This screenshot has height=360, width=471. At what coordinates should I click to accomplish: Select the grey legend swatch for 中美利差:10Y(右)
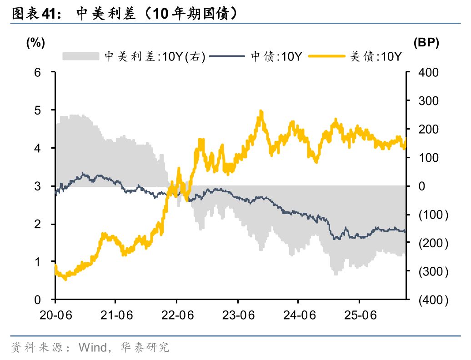[80, 56]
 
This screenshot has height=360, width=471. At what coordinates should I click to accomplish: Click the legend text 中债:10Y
[276, 56]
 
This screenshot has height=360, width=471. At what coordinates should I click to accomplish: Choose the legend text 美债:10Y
[376, 56]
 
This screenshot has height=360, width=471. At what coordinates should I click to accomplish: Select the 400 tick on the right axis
[429, 72]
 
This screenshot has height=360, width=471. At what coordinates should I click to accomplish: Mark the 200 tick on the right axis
[429, 129]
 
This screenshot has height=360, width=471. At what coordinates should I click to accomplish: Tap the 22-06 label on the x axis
[176, 315]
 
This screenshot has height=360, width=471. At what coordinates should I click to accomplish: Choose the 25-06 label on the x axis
[359, 315]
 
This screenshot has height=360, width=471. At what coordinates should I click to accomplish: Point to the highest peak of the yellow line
[261, 111]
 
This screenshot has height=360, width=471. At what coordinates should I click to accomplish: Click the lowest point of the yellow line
[65, 278]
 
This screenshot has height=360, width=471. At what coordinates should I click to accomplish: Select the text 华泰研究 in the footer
[145, 348]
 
